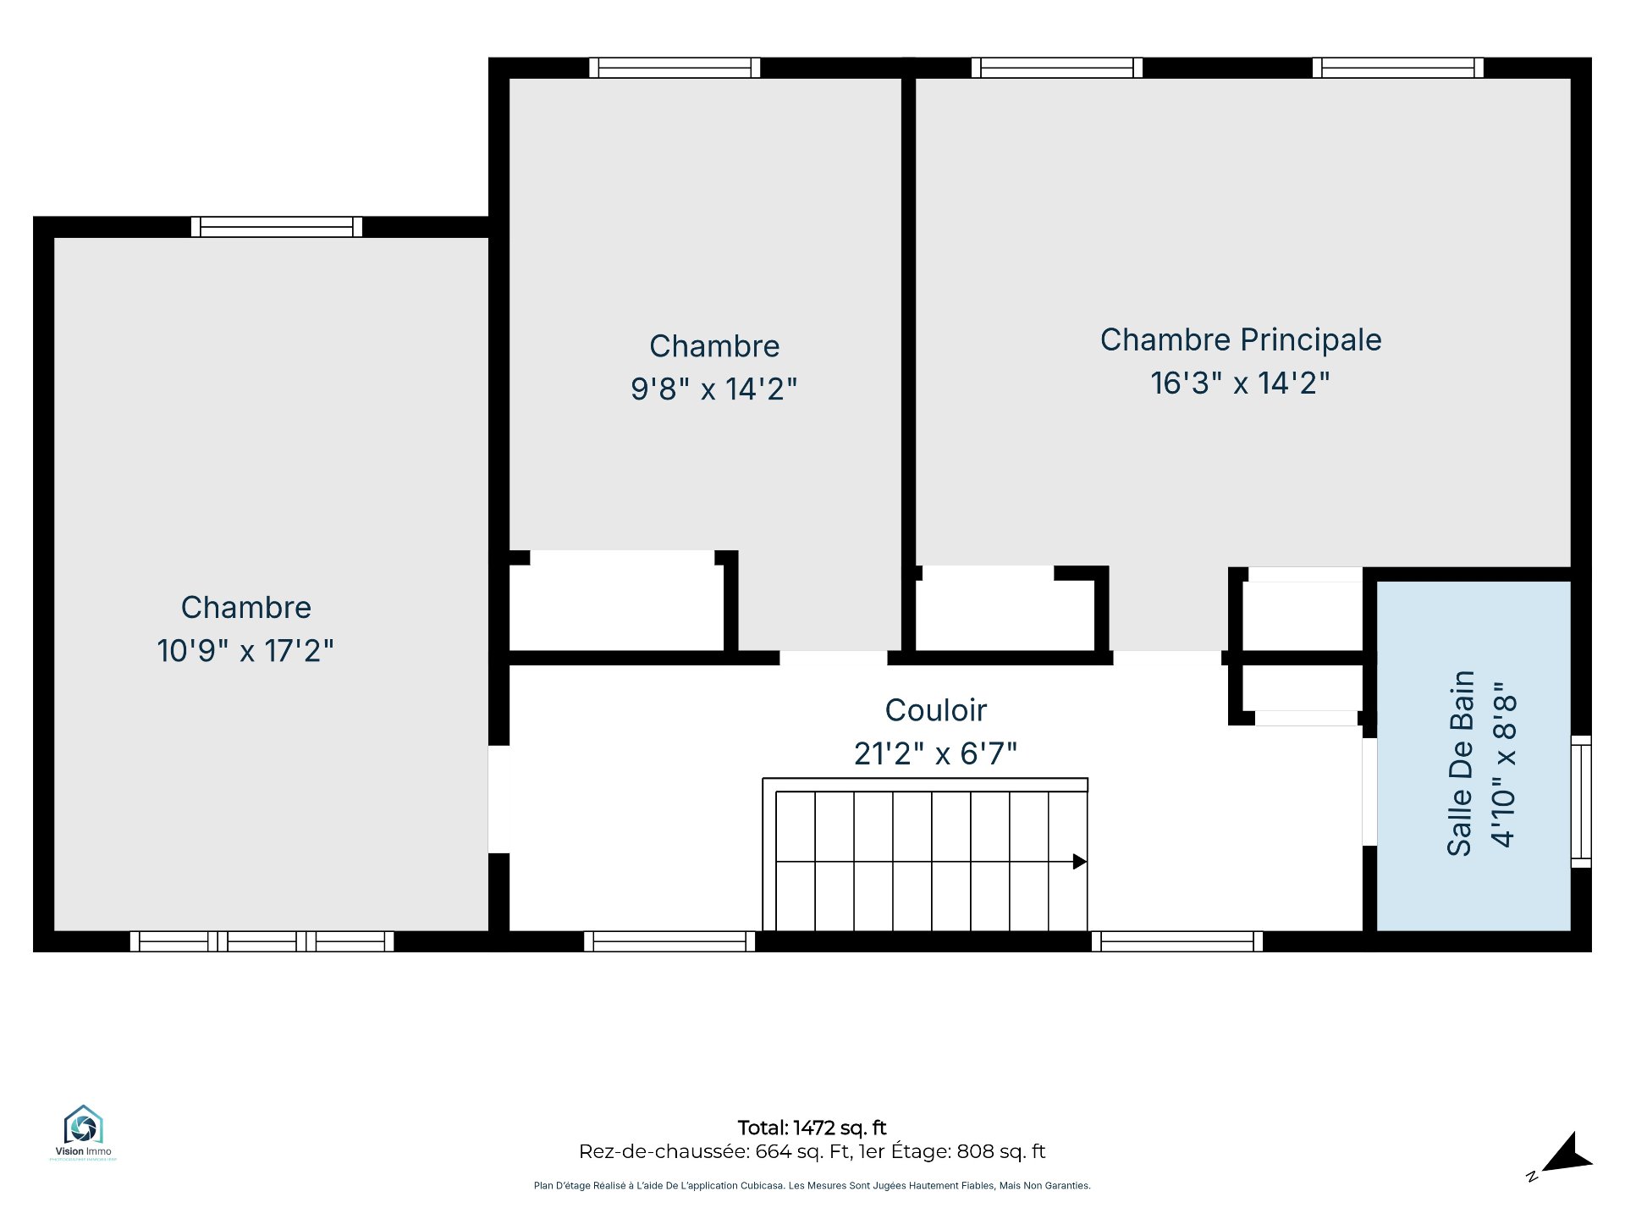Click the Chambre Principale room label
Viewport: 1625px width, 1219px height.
pos(1241,339)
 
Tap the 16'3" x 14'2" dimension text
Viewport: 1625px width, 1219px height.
pos(1240,383)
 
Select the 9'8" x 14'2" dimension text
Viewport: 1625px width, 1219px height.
pos(714,389)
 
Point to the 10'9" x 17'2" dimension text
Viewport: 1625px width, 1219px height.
pos(245,651)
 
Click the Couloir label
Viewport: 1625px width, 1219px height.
pos(936,710)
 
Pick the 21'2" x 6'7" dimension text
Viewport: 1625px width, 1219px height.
pos(935,753)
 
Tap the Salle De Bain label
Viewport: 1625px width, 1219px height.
pos(1461,764)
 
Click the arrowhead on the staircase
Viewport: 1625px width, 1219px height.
pos(1080,862)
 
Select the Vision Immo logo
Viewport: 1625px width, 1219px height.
pos(83,1132)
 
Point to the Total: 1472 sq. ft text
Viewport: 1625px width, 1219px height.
pos(812,1128)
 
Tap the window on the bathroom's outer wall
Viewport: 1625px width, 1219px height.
pos(1581,802)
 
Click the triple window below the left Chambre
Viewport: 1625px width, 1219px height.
pos(262,941)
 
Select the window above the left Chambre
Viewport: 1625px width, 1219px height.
pos(277,227)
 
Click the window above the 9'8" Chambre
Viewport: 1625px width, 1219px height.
pos(675,68)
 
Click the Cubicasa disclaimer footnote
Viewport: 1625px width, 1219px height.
pos(812,1186)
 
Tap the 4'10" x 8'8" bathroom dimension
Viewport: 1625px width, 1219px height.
pos(1504,764)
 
